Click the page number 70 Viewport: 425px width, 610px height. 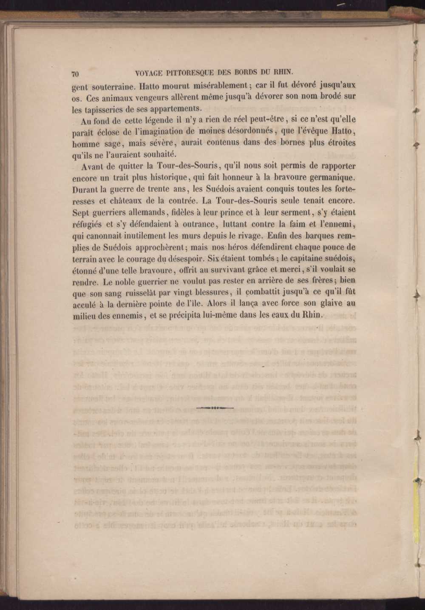75,74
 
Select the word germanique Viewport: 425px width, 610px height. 328,177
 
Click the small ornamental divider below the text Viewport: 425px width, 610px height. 215,408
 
